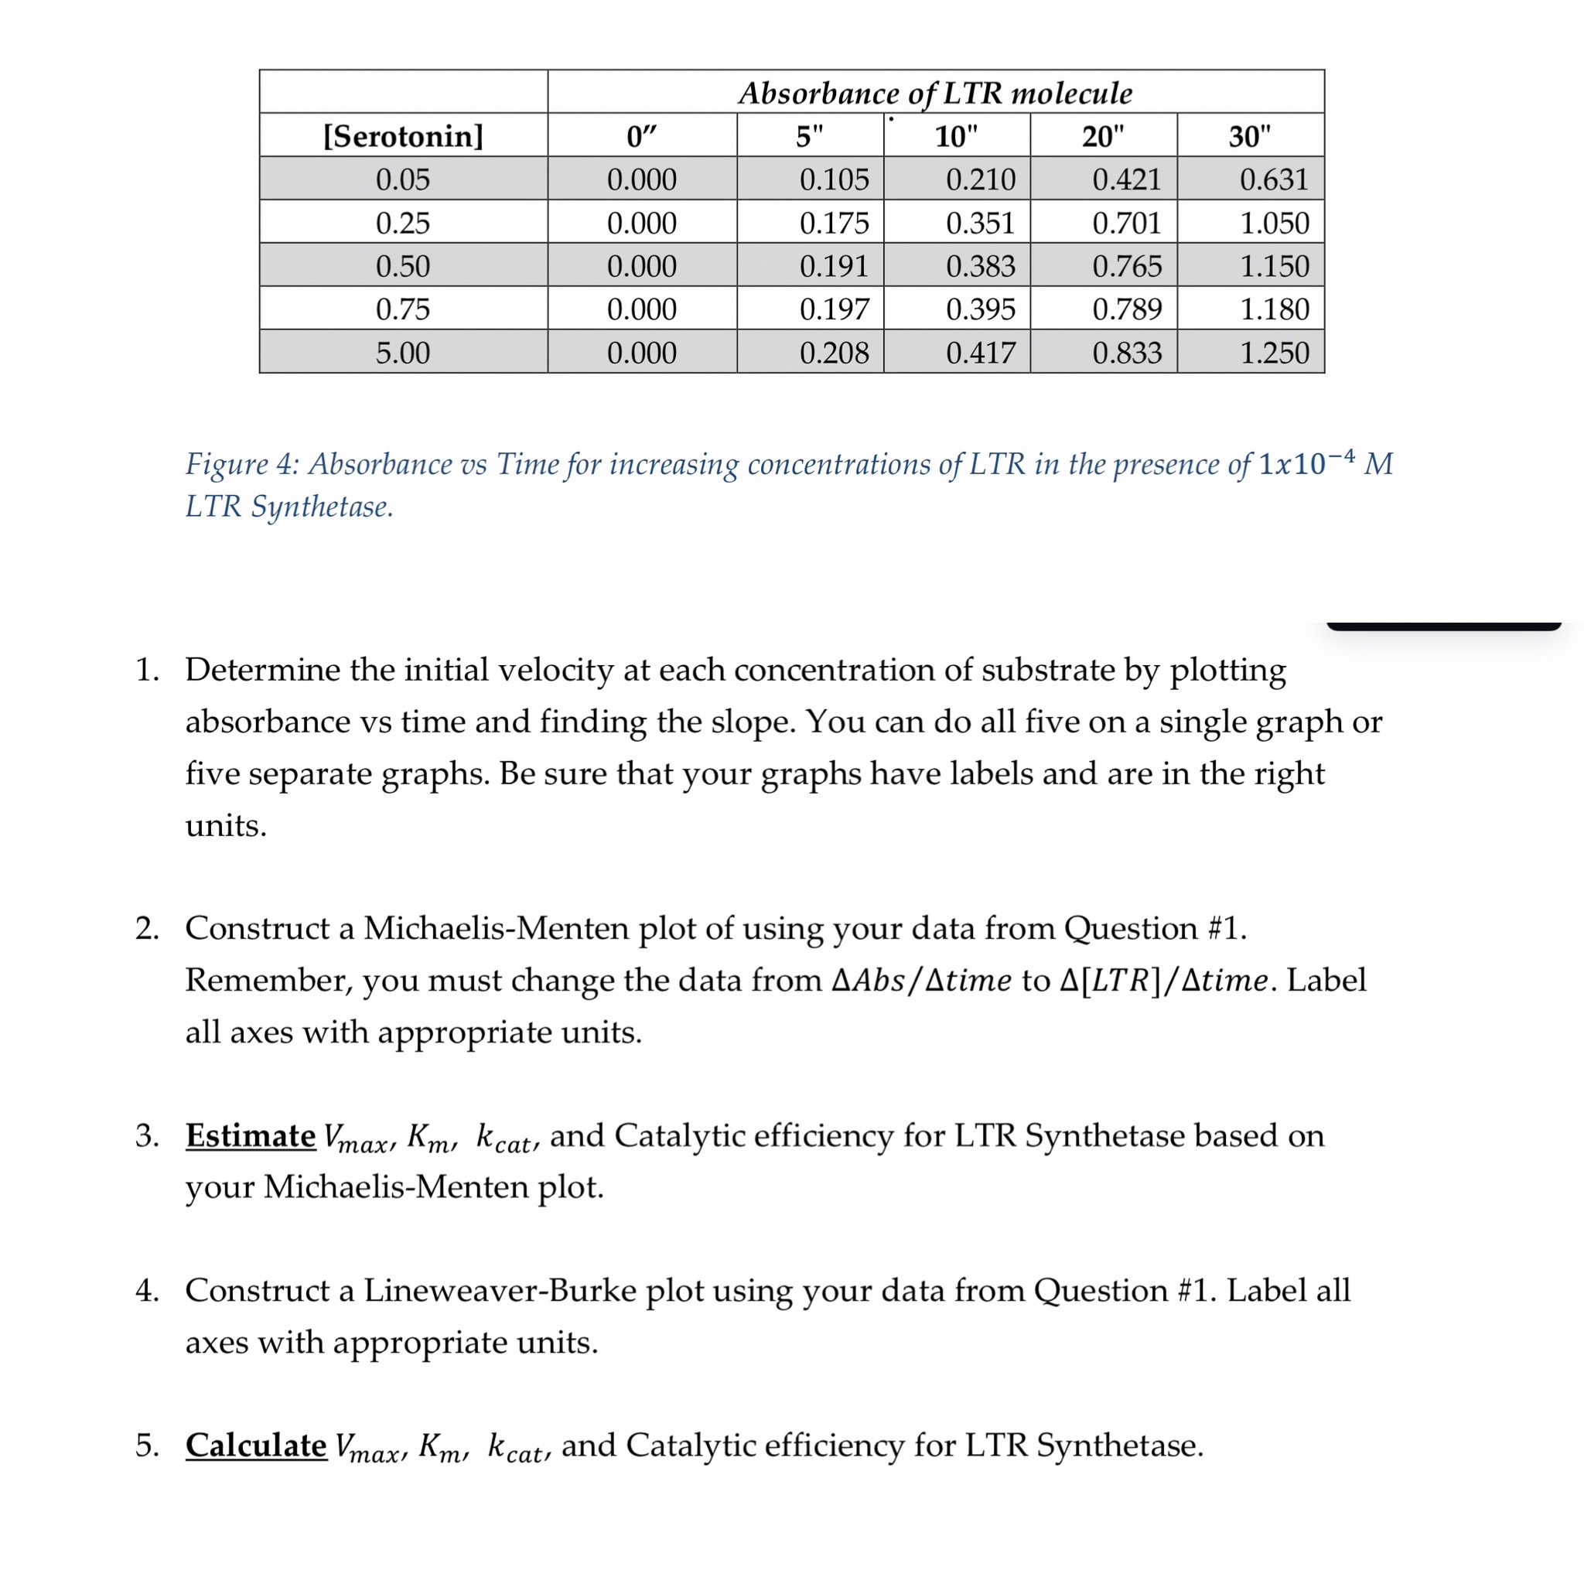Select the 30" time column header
tap(1250, 136)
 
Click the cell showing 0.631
tap(1273, 179)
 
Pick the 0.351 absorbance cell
tap(980, 223)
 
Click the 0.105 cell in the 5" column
tap(834, 179)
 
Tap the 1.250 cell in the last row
tap(1273, 353)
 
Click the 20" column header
tap(1103, 136)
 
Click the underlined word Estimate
tap(250, 1135)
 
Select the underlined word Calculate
tap(256, 1446)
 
